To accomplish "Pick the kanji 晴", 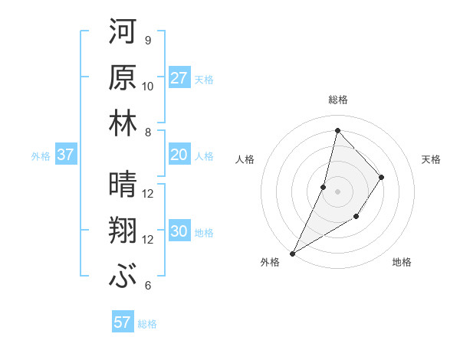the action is click(123, 184).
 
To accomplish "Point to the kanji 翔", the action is click(123, 230).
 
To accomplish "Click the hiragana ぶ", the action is click(123, 276).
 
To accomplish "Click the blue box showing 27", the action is click(179, 78).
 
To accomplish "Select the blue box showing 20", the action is click(179, 155).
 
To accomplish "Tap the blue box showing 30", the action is click(179, 232).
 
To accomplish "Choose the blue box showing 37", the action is click(65, 155).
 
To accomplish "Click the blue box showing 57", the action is click(123, 322).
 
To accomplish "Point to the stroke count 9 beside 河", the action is click(147, 41).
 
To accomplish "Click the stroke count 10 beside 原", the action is click(148, 87).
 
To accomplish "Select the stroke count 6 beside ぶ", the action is click(147, 286).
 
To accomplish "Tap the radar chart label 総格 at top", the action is click(337, 100).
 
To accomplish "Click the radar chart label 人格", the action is click(245, 159).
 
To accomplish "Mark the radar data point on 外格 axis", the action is click(292, 253).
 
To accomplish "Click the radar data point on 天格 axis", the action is click(381, 177).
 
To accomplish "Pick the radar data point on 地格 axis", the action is click(356, 218).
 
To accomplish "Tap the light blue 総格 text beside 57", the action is click(147, 324).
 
